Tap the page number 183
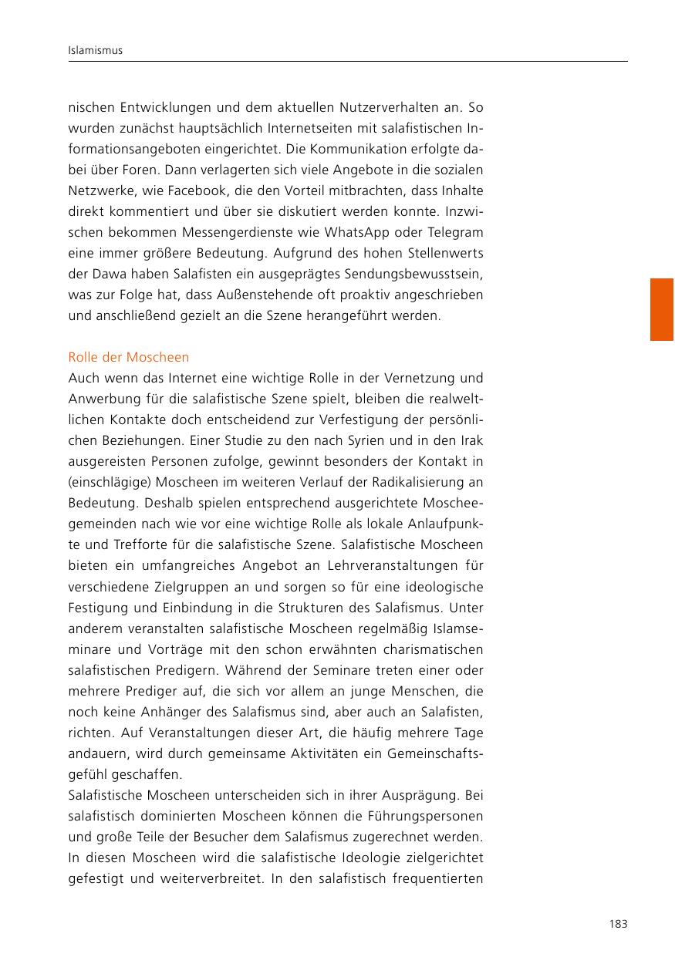coord(618,924)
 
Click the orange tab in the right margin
coord(661,309)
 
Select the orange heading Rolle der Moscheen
coord(129,358)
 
